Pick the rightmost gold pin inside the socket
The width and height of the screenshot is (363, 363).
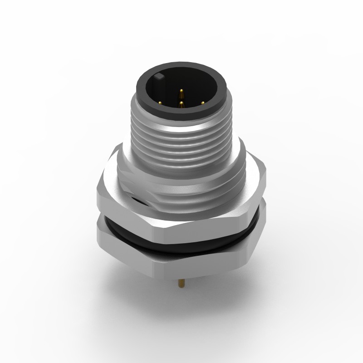tap(202, 102)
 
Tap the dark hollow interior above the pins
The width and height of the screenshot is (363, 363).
tap(181, 82)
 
